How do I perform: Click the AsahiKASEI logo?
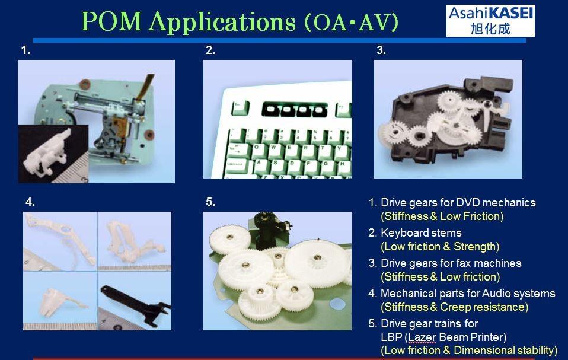click(x=490, y=21)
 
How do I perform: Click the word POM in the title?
click(x=111, y=21)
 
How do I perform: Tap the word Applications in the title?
click(x=222, y=22)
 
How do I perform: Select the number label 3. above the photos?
click(x=381, y=50)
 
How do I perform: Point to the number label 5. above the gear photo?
click(x=210, y=202)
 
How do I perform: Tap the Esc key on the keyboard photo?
click(x=240, y=107)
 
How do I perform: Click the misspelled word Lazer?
click(x=422, y=337)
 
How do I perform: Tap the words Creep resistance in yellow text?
click(x=484, y=307)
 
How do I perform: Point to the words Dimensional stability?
click(x=505, y=351)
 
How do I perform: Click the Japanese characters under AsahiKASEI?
click(x=490, y=29)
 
